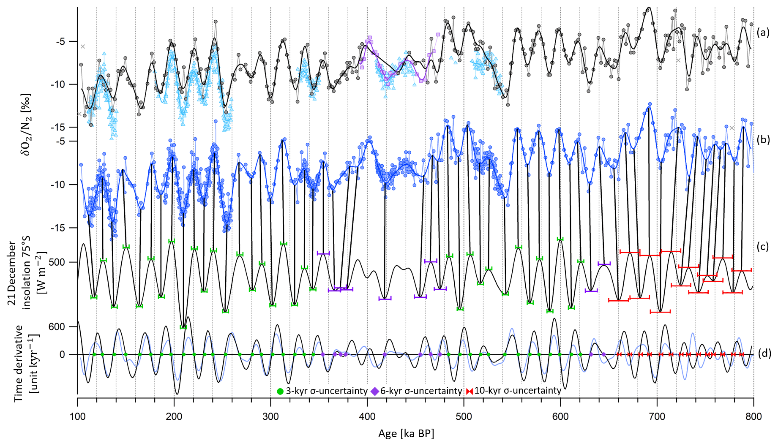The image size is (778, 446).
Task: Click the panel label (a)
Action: pyautogui.click(x=762, y=33)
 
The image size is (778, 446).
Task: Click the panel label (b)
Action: pyautogui.click(x=763, y=140)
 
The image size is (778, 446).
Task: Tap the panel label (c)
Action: pyautogui.click(x=762, y=247)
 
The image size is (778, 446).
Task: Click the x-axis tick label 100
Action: pyautogui.click(x=77, y=417)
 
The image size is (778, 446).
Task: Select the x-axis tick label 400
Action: pyautogui.click(x=367, y=417)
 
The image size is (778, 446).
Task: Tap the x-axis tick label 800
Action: pyautogui.click(x=753, y=417)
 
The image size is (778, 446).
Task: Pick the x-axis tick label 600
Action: pyautogui.click(x=560, y=417)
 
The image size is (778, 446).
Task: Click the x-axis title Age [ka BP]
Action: pyautogui.click(x=406, y=434)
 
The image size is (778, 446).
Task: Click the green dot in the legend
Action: pyautogui.click(x=280, y=392)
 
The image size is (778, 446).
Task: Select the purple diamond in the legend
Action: pyautogui.click(x=374, y=392)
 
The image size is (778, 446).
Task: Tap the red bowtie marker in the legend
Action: pyautogui.click(x=469, y=392)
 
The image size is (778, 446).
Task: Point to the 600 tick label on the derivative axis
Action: pyautogui.click(x=57, y=327)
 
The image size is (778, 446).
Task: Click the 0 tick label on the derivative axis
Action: pyautogui.click(x=62, y=354)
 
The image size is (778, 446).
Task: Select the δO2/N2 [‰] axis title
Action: pyautogui.click(x=27, y=125)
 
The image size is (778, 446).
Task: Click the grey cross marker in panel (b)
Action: pyautogui.click(x=732, y=128)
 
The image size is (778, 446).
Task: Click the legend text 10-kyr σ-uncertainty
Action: pyautogui.click(x=518, y=391)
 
